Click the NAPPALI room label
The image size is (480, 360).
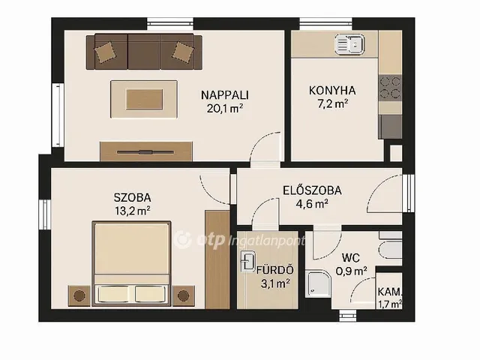[x=225, y=95]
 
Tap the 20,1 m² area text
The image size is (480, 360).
[x=225, y=108]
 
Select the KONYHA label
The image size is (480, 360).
[x=332, y=91]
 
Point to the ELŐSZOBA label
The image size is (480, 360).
[x=312, y=190]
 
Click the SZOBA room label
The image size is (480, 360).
[x=132, y=197]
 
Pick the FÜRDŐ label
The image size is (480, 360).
[x=275, y=270]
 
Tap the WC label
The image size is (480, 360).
[x=351, y=258]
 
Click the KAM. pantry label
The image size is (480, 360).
[x=389, y=292]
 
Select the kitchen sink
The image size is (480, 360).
[x=350, y=44]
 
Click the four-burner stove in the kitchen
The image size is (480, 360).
[x=390, y=88]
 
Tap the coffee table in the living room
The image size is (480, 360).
[x=144, y=99]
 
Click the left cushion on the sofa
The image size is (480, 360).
[x=105, y=52]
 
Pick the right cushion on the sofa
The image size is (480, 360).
[x=183, y=52]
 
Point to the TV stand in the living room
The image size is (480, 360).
[x=146, y=151]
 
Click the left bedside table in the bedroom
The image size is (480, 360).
[x=79, y=295]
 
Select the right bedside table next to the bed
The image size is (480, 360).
[x=183, y=295]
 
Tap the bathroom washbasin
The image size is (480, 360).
[x=247, y=262]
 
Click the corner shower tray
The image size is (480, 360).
[x=318, y=283]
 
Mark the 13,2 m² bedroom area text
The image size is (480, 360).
[x=133, y=211]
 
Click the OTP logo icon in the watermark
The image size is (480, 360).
[x=183, y=240]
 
